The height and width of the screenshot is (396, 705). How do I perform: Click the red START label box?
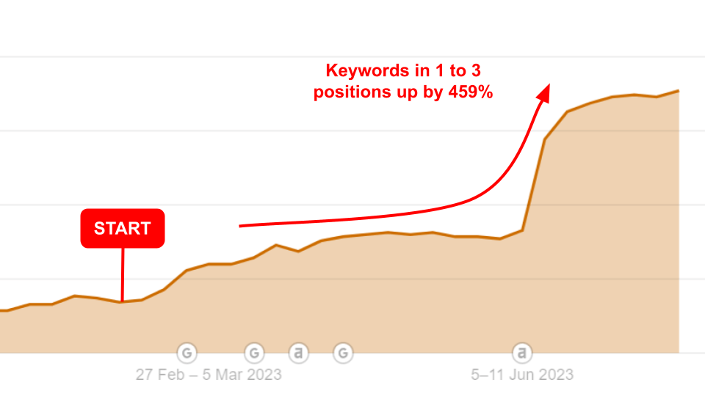tap(123, 228)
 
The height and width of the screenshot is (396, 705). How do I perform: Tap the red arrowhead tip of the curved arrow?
tap(549, 84)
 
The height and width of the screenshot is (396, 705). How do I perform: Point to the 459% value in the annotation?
tap(470, 92)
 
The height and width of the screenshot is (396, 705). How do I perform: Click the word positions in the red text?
tap(352, 92)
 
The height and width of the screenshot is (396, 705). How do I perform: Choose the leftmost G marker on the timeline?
tap(187, 353)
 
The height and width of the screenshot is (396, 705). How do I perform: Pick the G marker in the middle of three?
tap(254, 353)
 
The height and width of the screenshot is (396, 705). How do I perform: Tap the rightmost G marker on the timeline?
tap(343, 353)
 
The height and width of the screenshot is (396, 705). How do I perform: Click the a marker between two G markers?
tap(299, 353)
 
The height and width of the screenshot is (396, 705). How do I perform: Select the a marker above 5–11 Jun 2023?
tap(522, 353)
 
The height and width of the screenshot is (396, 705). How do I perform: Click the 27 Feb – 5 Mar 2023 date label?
tap(209, 375)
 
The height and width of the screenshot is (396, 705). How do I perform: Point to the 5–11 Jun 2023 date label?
tap(522, 375)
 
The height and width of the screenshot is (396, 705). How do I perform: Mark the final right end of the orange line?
tap(678, 91)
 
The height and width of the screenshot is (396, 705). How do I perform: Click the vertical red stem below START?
tap(123, 274)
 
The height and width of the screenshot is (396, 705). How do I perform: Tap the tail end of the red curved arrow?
tap(239, 226)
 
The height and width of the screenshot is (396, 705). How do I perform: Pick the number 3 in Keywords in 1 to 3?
tap(476, 70)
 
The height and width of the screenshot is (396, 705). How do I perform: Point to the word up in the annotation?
tap(405, 93)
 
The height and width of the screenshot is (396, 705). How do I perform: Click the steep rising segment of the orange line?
tap(533, 185)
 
